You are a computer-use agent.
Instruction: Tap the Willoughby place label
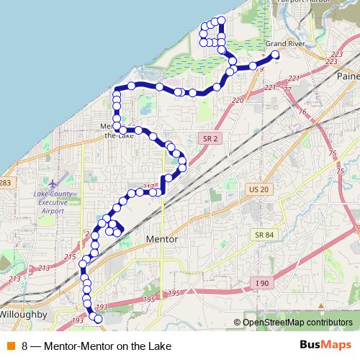click(x=24, y=315)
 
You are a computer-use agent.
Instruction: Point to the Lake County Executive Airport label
click(x=52, y=202)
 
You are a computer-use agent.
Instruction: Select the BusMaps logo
click(x=325, y=344)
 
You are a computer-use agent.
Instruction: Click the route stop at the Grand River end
click(x=274, y=54)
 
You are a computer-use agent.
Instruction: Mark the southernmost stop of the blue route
click(x=99, y=318)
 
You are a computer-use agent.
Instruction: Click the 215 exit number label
click(x=70, y=257)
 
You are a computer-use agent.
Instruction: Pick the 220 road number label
click(x=238, y=100)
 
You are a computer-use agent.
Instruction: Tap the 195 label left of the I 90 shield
click(x=149, y=300)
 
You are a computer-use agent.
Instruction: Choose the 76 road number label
click(x=303, y=113)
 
